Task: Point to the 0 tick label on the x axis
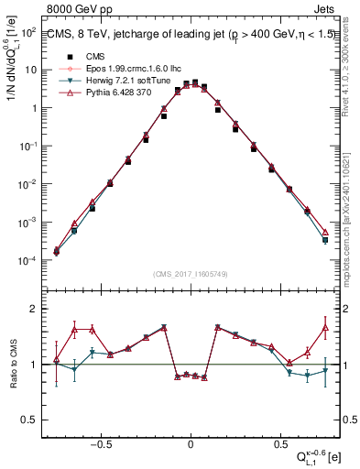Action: point(190,442)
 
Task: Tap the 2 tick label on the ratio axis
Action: point(30,310)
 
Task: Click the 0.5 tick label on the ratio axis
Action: point(27,420)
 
